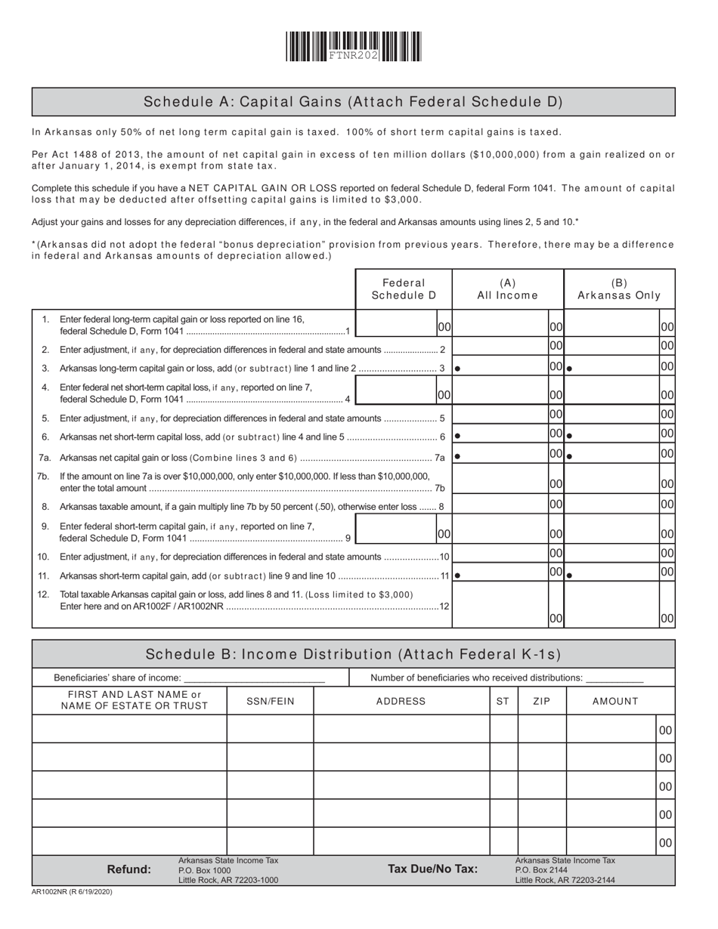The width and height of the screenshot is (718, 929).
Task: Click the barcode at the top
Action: pyautogui.click(x=353, y=47)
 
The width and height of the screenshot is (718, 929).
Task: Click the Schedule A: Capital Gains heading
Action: pyautogui.click(x=353, y=102)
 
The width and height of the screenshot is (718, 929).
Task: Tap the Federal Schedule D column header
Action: pyautogui.click(x=404, y=289)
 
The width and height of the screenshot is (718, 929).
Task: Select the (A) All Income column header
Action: pyautogui.click(x=507, y=289)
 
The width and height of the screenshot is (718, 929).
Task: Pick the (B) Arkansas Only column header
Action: pyautogui.click(x=619, y=289)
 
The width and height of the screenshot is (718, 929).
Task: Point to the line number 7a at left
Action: pyautogui.click(x=44, y=458)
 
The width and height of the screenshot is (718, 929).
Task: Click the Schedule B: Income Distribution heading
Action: pyautogui.click(x=353, y=655)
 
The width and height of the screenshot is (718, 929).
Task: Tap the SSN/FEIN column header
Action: pyautogui.click(x=270, y=701)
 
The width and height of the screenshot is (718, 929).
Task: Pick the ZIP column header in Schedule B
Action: pyautogui.click(x=541, y=701)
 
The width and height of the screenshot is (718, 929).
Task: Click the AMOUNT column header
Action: pyautogui.click(x=614, y=701)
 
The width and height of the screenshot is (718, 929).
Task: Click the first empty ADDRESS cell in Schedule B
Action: pyautogui.click(x=401, y=729)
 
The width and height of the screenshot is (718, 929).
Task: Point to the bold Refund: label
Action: pyautogui.click(x=128, y=869)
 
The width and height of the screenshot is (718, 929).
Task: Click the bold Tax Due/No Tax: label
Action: pyautogui.click(x=432, y=869)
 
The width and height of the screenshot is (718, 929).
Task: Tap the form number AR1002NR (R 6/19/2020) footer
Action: pyautogui.click(x=73, y=892)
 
